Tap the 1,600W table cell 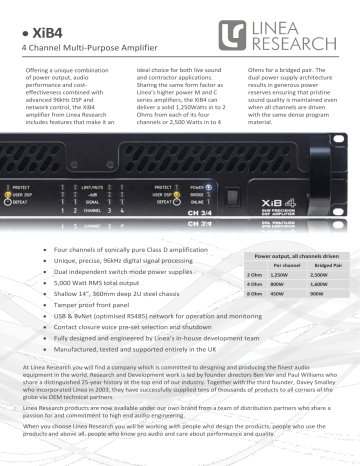319,284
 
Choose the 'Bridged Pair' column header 319,263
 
